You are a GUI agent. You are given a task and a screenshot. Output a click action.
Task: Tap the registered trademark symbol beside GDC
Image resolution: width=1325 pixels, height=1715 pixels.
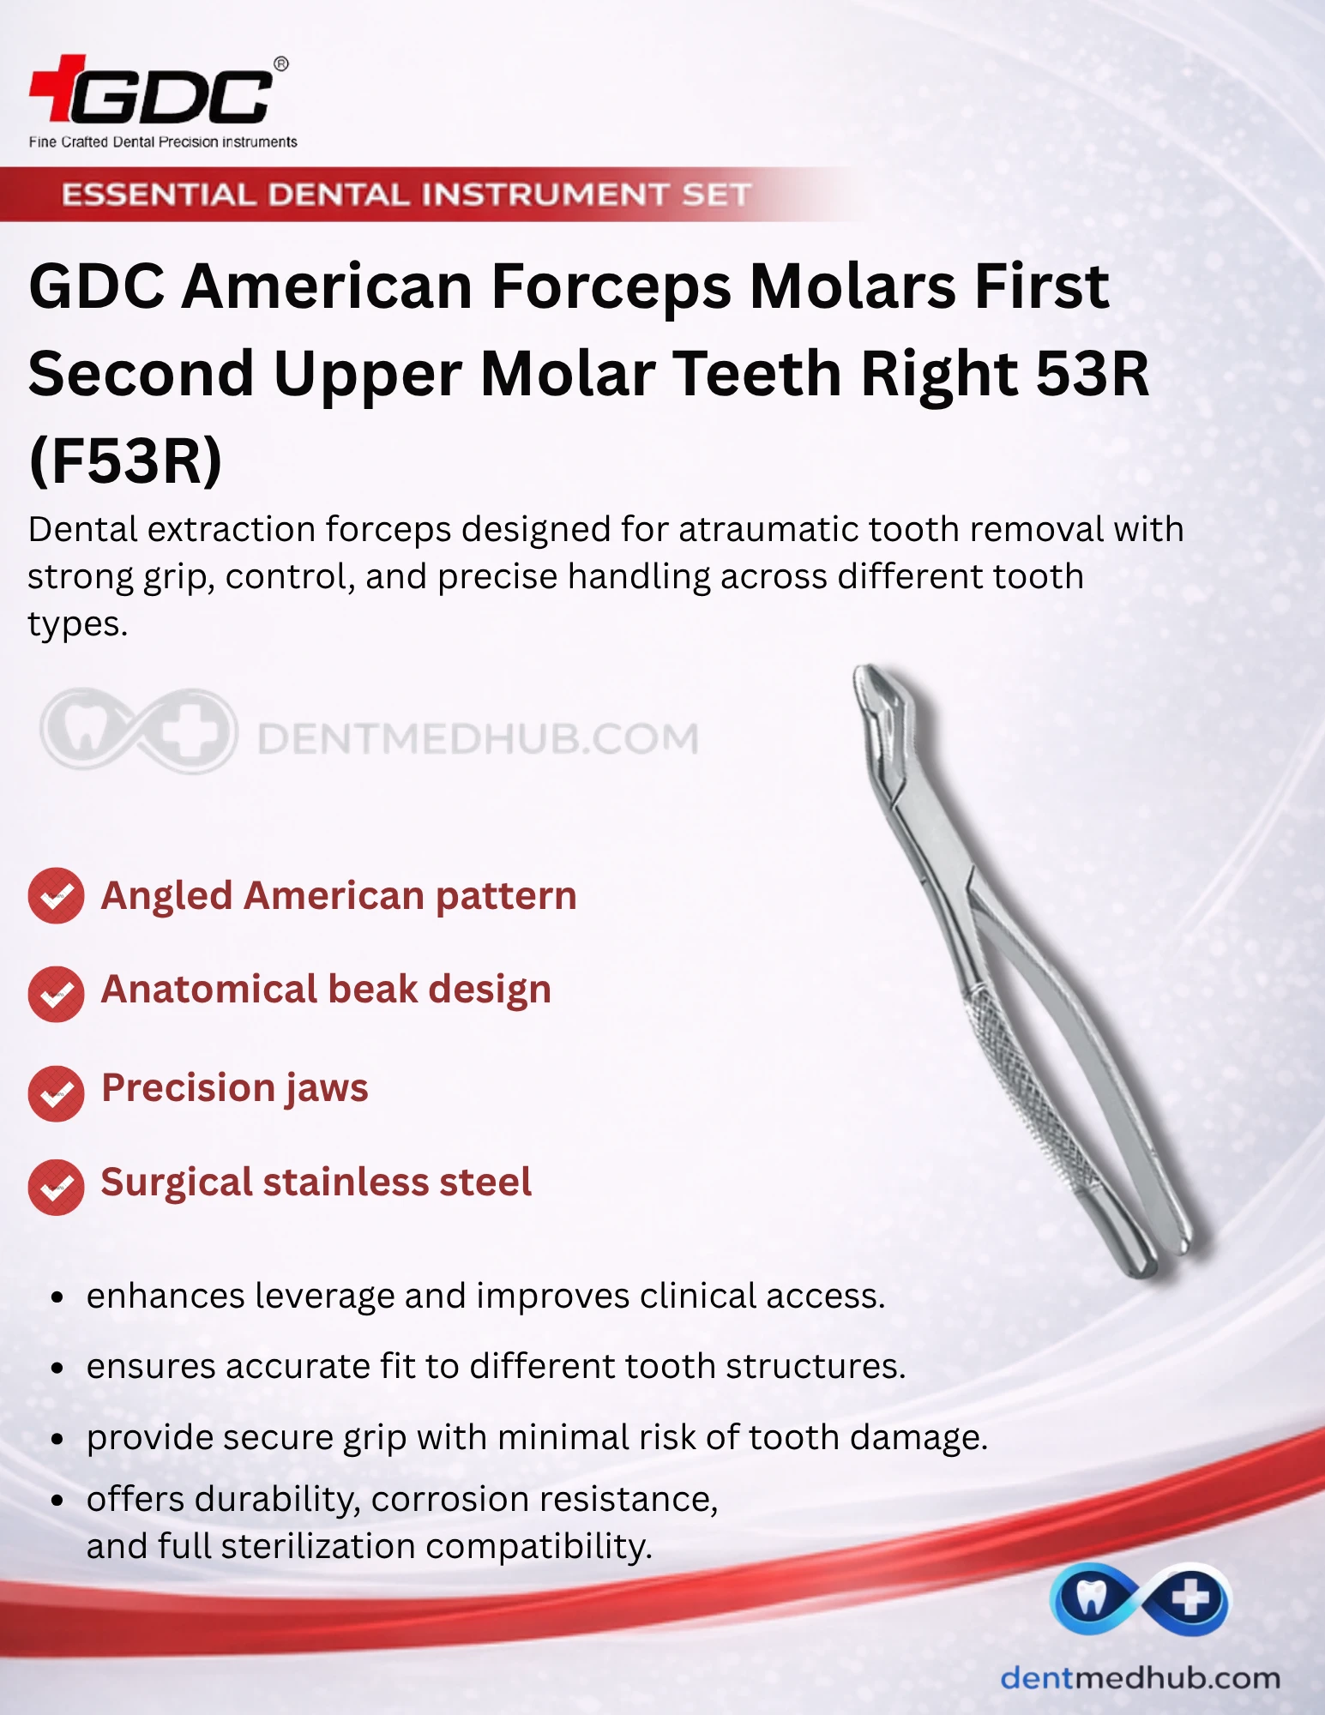[x=281, y=64]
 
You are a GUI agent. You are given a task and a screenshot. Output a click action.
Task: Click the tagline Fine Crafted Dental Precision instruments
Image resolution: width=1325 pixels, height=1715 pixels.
[x=163, y=142]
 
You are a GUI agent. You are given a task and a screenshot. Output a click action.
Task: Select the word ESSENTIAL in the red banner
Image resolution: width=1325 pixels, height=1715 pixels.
[x=158, y=195]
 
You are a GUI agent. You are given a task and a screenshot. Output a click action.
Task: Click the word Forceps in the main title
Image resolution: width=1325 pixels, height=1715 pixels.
[x=611, y=286]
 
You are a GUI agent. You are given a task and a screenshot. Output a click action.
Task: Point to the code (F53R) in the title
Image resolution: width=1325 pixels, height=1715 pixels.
[x=125, y=461]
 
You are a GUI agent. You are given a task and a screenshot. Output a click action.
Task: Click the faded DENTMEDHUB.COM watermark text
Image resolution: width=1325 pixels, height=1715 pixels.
[x=479, y=739]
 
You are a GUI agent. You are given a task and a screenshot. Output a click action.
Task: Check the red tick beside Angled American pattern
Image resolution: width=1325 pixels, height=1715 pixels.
[x=57, y=896]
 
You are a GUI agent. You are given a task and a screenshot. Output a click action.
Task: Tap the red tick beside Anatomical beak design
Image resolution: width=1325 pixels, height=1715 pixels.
[x=57, y=994]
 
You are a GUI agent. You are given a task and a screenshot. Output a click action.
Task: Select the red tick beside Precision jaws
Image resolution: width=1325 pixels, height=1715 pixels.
[x=57, y=1093]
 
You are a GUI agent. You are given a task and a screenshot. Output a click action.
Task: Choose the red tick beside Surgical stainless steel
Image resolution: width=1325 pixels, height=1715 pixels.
[x=57, y=1188]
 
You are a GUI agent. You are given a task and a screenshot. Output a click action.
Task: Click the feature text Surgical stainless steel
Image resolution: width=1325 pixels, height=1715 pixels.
[x=316, y=1182]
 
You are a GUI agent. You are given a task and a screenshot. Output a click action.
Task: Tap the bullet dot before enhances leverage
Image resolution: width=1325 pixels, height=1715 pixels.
[x=57, y=1297]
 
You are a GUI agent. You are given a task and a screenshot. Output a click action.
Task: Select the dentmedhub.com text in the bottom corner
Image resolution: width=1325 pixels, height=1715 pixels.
[x=1141, y=1678]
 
